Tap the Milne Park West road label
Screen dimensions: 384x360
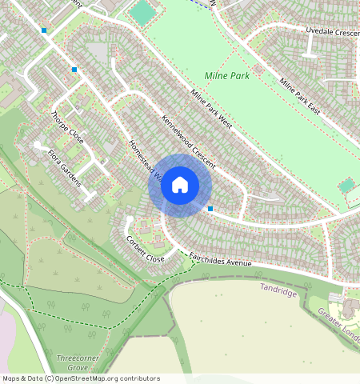tap(211, 110)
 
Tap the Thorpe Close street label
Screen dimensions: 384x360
tap(67, 126)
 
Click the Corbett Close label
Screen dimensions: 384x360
tap(145, 248)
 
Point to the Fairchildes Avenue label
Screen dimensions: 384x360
tap(220, 259)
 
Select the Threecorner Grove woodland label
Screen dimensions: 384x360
tap(78, 362)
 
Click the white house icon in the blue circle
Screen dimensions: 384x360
tap(180, 186)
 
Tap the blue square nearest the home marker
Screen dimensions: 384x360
tap(210, 209)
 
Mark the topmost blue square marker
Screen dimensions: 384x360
tap(44, 30)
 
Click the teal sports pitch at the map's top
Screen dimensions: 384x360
tap(142, 12)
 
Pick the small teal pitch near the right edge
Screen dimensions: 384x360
tap(346, 186)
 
